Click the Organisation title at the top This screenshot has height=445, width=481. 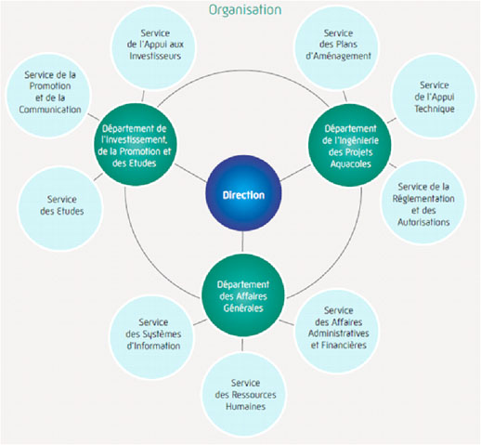coord(245,10)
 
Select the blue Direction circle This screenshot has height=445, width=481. coord(243,193)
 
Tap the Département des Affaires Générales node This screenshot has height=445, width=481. coord(243,295)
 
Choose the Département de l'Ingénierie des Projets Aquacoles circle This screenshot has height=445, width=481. coord(350,145)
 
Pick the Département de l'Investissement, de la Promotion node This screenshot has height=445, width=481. coord(135,145)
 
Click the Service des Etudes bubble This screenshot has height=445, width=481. coord(60,208)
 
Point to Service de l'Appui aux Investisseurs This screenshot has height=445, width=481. coord(153,48)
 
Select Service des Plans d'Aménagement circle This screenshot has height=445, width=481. coord(336,48)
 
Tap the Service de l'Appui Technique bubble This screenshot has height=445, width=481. coord(434,96)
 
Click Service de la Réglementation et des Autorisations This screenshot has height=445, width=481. coord(423,203)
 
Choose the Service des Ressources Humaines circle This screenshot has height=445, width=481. coord(244,395)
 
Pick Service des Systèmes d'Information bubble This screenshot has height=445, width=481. coord(152,337)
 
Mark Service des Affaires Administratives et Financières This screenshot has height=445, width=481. coord(337,331)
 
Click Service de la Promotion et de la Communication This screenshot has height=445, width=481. coord(48,95)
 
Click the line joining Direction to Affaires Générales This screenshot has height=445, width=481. coord(242,242)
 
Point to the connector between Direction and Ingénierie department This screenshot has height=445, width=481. coord(295,173)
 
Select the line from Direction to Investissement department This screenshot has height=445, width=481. coord(190,173)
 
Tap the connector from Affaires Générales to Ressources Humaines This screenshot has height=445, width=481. coord(242,345)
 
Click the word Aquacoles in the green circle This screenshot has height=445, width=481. coord(350,164)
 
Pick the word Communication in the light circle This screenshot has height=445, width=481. coord(50,110)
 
